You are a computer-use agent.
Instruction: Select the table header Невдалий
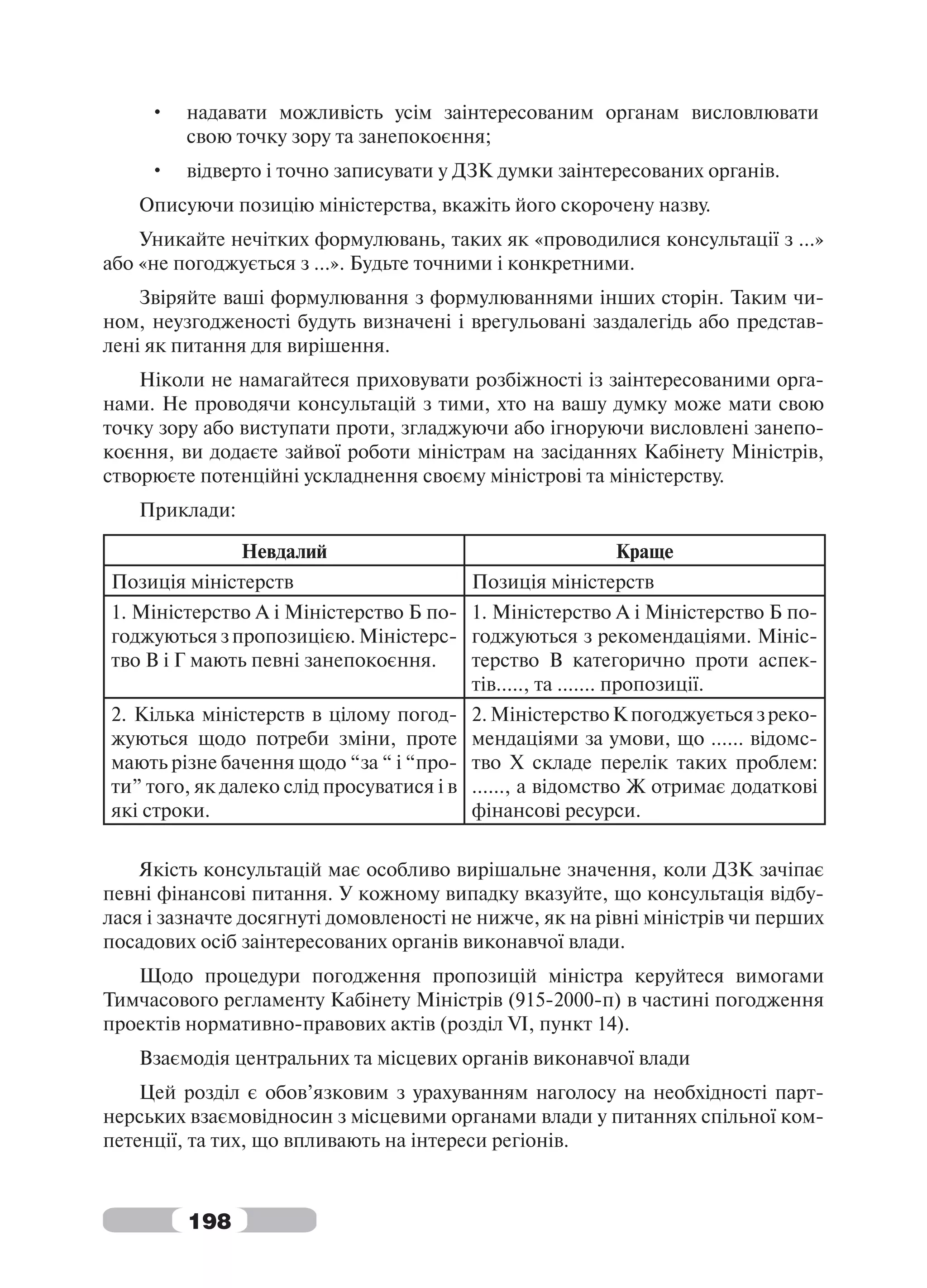(284, 551)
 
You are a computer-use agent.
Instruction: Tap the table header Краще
(644, 551)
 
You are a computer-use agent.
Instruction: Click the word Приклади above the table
(187, 510)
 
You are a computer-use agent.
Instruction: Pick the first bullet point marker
(158, 113)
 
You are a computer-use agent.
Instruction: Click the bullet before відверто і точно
(158, 172)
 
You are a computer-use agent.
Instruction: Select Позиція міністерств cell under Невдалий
(203, 582)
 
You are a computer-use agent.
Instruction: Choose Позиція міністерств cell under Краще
(563, 582)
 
